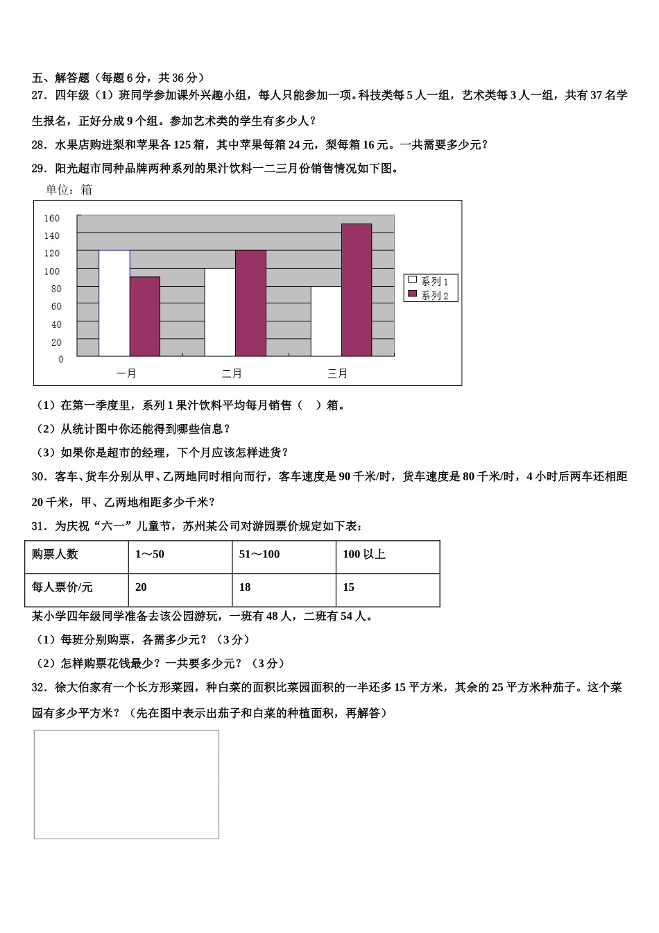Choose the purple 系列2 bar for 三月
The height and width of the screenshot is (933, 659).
coord(357,290)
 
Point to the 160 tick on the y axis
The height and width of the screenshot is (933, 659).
coord(52,218)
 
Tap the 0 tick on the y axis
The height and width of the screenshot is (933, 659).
coord(61,360)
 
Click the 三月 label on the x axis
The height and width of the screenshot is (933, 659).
coord(338,374)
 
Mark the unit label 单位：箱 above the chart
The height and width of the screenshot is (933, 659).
coord(69,190)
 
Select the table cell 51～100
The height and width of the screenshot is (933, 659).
coord(259,554)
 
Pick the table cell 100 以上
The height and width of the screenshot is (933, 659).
coord(364,554)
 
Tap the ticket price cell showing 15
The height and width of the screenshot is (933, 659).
coord(349,587)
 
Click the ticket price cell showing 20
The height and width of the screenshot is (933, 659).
coord(141,587)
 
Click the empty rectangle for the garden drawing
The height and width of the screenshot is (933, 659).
coord(126,784)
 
